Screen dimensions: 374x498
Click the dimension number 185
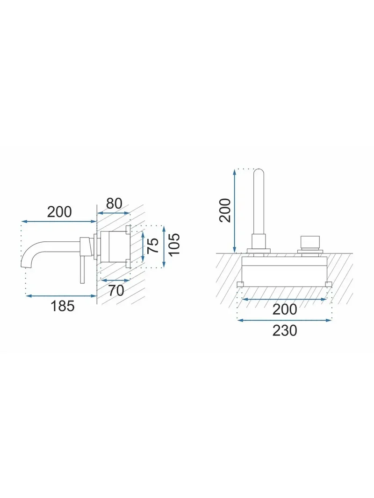[63, 306]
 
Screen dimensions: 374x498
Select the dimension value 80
[114, 203]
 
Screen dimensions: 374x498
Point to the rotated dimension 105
[174, 244]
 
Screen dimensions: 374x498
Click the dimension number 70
[116, 290]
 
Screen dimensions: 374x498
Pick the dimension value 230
[285, 330]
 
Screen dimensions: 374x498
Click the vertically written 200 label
[225, 210]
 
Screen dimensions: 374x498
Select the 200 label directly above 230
[285, 309]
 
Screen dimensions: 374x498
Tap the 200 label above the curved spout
[59, 212]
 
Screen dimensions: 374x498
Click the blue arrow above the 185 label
[61, 296]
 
